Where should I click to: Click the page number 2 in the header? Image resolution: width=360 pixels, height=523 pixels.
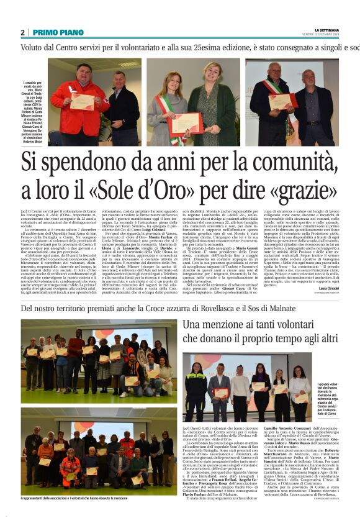click(22, 32)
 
